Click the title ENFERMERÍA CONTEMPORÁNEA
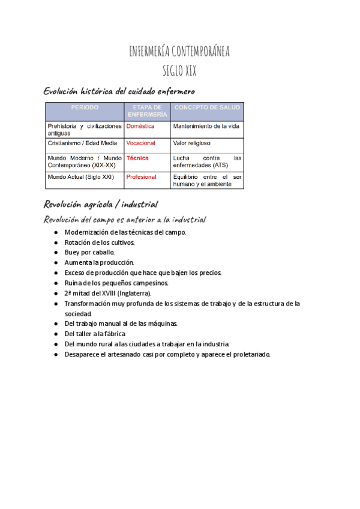[x=179, y=52]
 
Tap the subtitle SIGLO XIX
[x=179, y=71]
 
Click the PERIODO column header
[x=85, y=107]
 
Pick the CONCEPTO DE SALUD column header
[x=207, y=107]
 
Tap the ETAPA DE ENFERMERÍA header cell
[x=147, y=110]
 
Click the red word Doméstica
[x=140, y=127]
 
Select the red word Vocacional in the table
[x=141, y=143]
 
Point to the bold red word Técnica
[x=137, y=158]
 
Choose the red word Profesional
[x=142, y=178]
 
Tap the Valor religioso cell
[x=192, y=143]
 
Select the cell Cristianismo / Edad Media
[x=83, y=143]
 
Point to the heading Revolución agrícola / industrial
[x=101, y=203]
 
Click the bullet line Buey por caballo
[x=89, y=252]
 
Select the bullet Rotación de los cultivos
[x=100, y=242]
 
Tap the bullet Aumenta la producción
[x=100, y=262]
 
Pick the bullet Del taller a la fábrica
[x=95, y=334]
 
